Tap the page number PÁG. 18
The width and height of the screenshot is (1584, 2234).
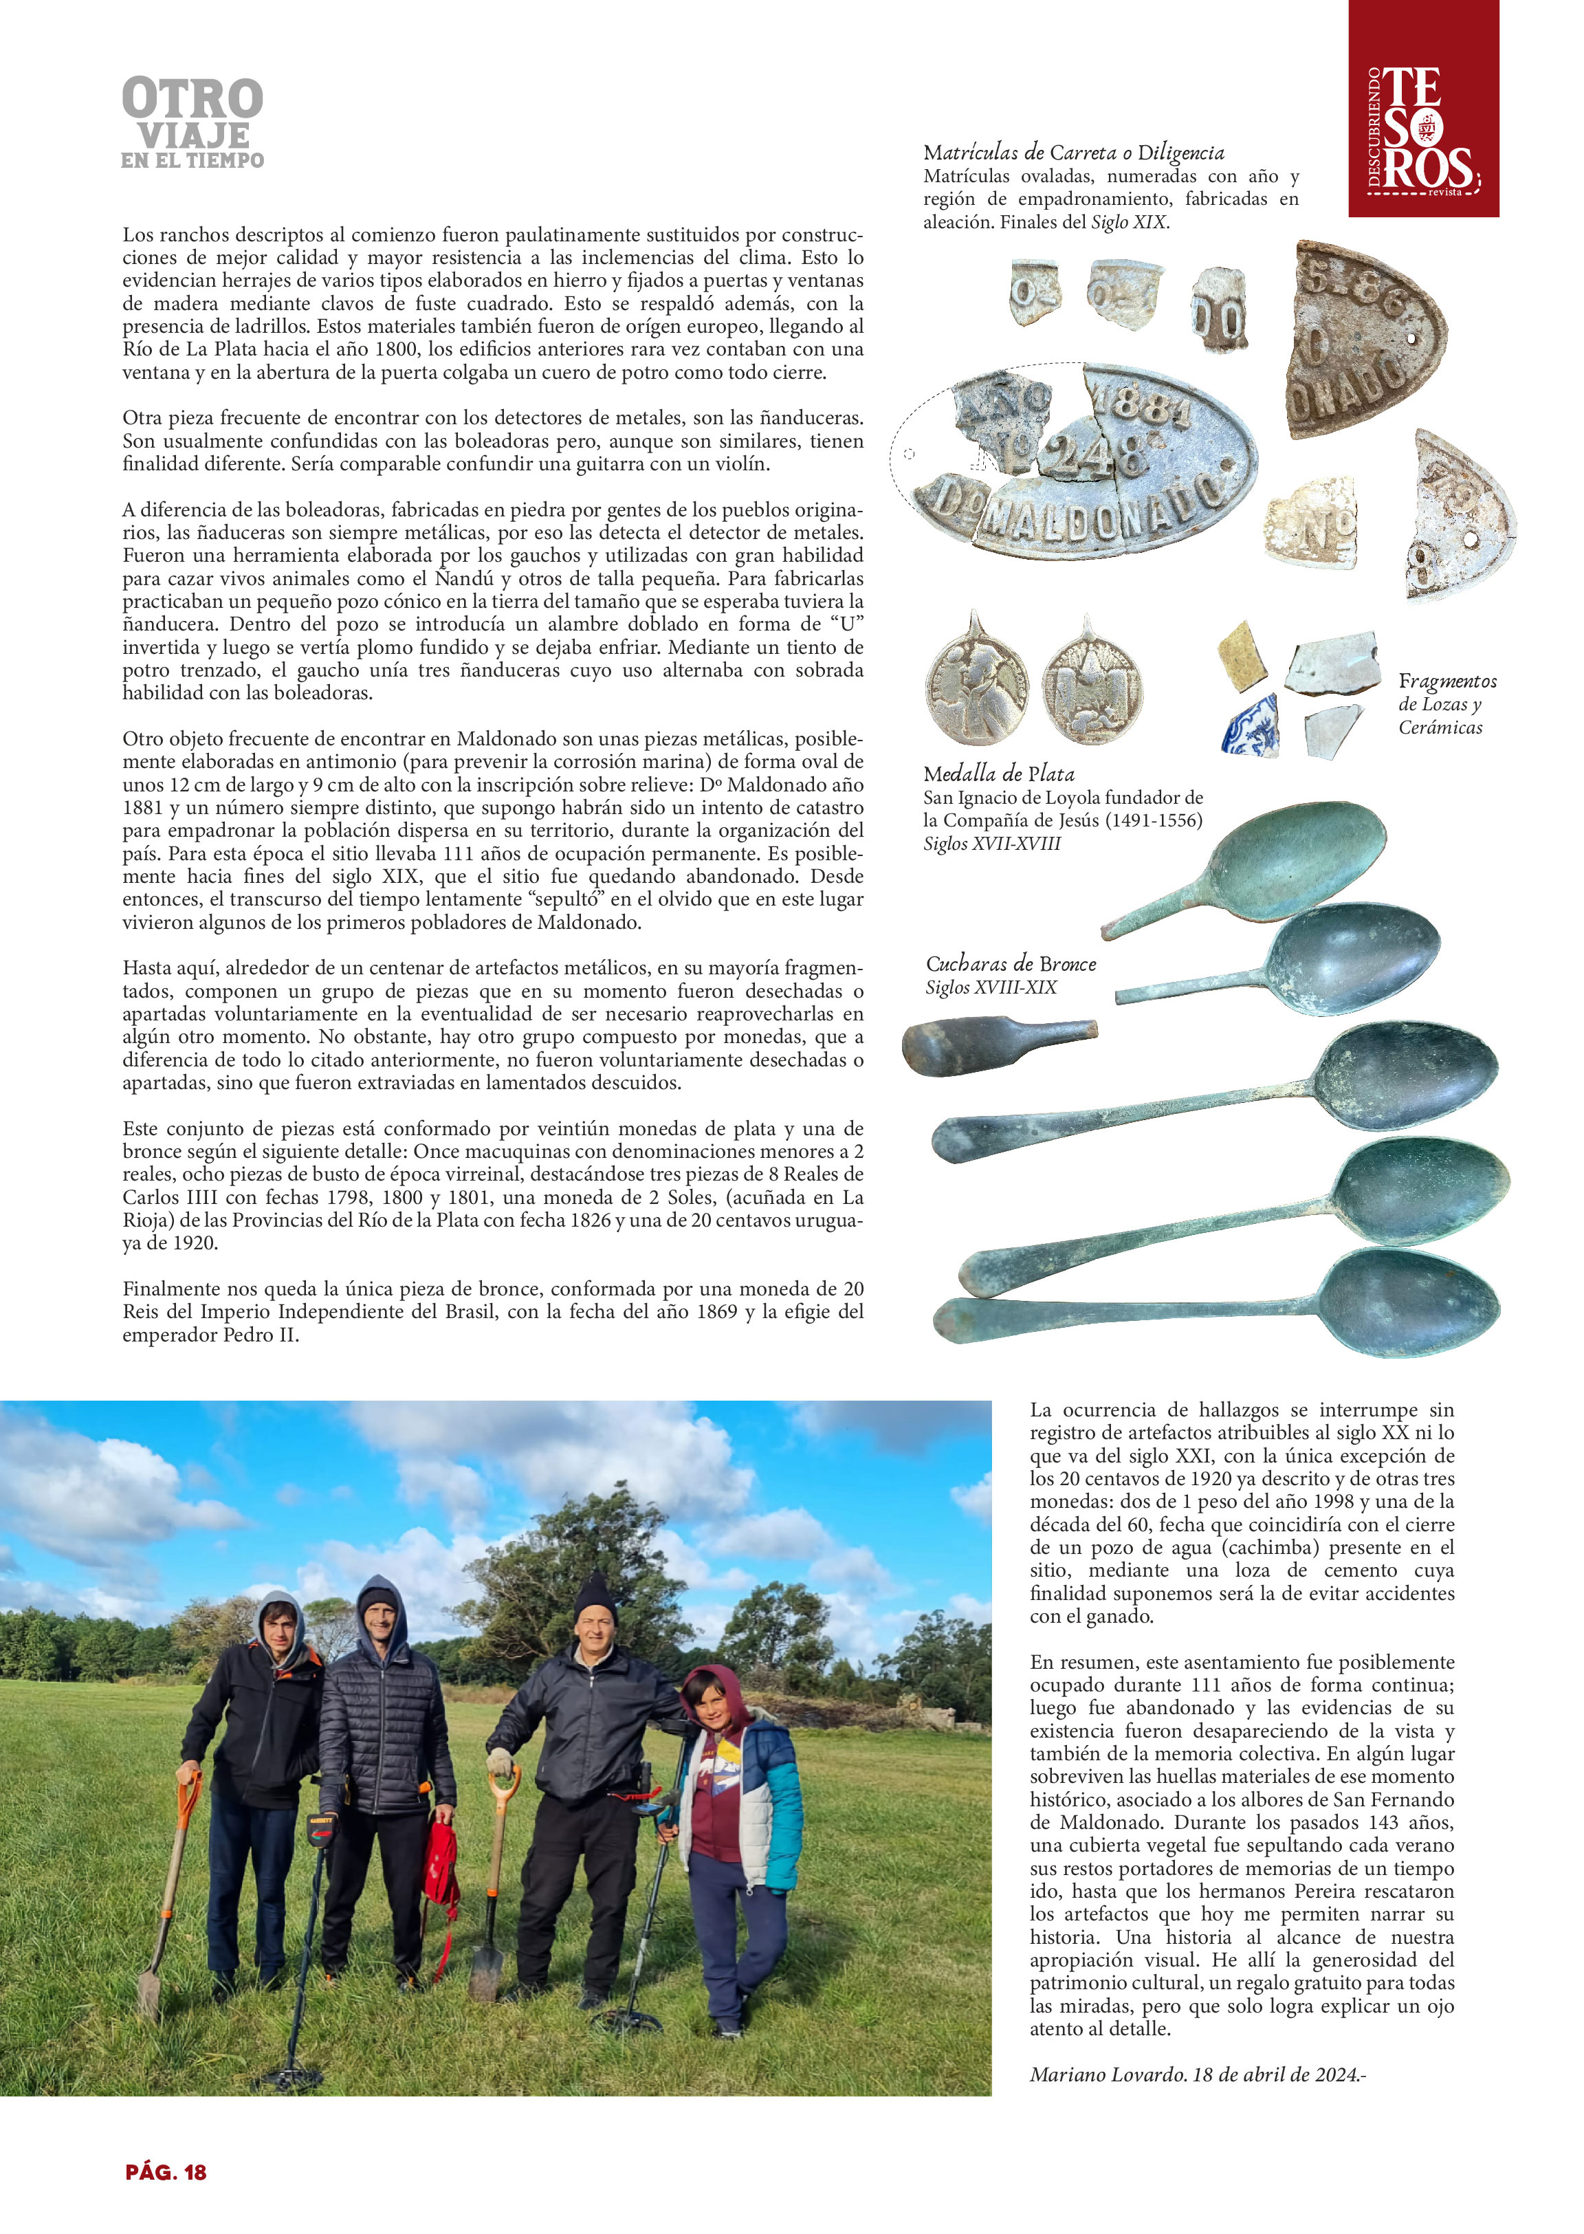point(166,2171)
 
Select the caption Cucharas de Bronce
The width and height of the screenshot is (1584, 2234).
point(1011,964)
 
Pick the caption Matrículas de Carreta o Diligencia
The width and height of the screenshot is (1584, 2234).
point(1073,153)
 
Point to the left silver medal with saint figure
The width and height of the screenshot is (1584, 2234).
point(976,682)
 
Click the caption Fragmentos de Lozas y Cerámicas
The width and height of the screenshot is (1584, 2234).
point(1446,703)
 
